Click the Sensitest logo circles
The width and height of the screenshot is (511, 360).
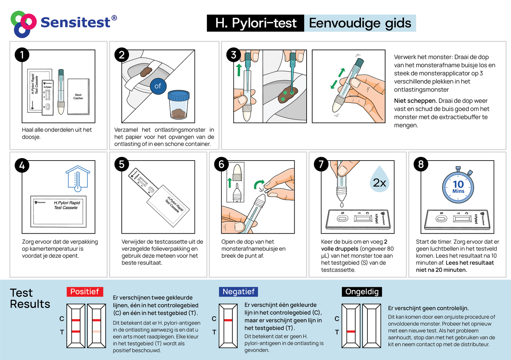[23, 24]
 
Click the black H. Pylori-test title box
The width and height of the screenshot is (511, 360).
[255, 23]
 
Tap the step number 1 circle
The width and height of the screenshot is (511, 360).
[22, 55]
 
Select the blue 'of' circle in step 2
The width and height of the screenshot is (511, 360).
[158, 86]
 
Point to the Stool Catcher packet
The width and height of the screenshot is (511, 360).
[78, 97]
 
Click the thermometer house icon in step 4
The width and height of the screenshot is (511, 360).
[78, 179]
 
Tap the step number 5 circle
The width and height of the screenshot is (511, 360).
[122, 164]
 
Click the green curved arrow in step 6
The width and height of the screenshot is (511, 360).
[259, 184]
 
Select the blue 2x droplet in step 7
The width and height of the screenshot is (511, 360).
[379, 181]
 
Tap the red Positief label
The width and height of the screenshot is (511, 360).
[85, 292]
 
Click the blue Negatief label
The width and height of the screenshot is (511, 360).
[238, 292]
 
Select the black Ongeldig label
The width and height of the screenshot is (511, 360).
[362, 292]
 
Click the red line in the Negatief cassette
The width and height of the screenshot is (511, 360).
[228, 320]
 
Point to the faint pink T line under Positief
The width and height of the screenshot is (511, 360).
[96, 332]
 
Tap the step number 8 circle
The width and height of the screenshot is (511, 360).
[421, 164]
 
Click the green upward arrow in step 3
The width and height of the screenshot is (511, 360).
[239, 70]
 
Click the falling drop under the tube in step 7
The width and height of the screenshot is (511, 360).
[342, 205]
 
